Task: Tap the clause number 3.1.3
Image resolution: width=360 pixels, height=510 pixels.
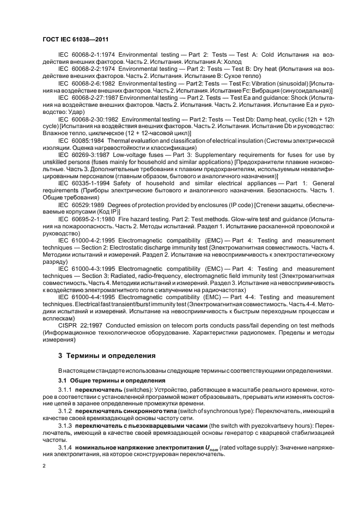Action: [64, 424]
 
